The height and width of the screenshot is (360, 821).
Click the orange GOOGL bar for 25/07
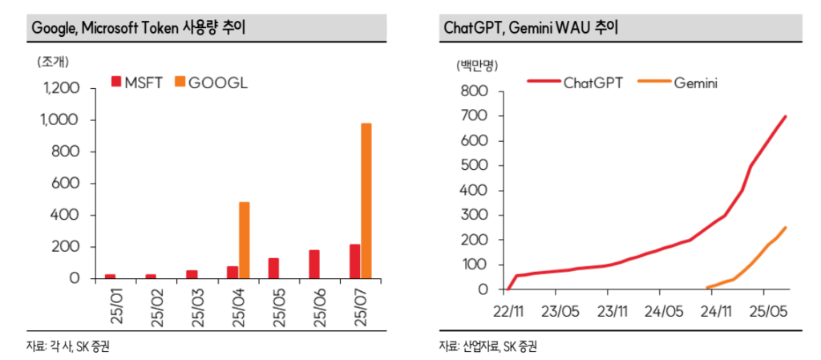[x=366, y=200]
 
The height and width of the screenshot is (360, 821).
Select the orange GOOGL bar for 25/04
[x=244, y=240]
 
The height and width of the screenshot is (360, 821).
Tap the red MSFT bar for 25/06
[x=313, y=264]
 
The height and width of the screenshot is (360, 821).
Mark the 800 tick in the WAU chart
[x=475, y=91]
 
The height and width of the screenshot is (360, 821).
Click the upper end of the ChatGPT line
[x=785, y=116]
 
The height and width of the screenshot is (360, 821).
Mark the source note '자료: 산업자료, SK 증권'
[x=487, y=346]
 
